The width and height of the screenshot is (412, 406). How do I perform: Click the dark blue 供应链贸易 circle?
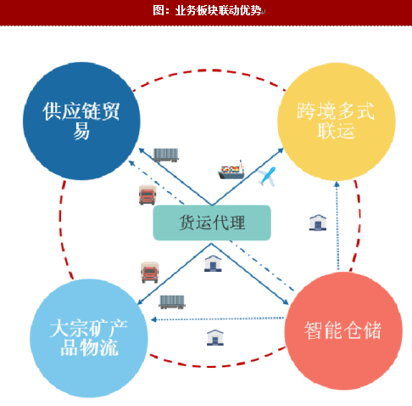click(x=81, y=121)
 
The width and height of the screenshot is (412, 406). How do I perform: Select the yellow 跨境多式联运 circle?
click(x=337, y=121)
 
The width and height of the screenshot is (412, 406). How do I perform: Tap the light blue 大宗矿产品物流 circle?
click(x=89, y=338)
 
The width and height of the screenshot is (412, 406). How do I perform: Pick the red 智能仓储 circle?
click(x=343, y=330)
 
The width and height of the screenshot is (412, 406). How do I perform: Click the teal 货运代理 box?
click(x=212, y=223)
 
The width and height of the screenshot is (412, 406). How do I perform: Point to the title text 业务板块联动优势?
click(x=218, y=10)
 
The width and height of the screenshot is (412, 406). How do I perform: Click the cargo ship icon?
click(x=231, y=170)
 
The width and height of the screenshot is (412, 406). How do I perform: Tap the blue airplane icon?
click(x=267, y=176)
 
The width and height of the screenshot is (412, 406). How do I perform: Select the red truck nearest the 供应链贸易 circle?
click(x=148, y=195)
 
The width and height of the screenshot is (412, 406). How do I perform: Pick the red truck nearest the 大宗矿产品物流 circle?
click(x=150, y=273)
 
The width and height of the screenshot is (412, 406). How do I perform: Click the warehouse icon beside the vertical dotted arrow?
click(x=318, y=223)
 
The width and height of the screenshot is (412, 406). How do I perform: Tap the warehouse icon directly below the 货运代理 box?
click(x=213, y=263)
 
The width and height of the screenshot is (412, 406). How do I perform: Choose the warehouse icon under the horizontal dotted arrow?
click(x=215, y=337)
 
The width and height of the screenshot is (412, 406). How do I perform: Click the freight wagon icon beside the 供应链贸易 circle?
click(x=166, y=155)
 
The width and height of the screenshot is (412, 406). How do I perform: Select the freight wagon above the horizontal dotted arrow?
click(x=172, y=302)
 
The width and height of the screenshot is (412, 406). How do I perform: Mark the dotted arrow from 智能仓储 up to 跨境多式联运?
click(x=337, y=225)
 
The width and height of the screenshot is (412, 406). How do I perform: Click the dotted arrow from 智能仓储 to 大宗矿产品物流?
click(x=217, y=319)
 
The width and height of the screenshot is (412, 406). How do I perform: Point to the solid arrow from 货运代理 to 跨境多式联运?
click(x=248, y=177)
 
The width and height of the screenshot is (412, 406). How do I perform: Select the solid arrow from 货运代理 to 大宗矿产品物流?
click(x=175, y=274)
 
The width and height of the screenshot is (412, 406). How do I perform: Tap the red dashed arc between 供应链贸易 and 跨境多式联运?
click(x=209, y=70)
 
